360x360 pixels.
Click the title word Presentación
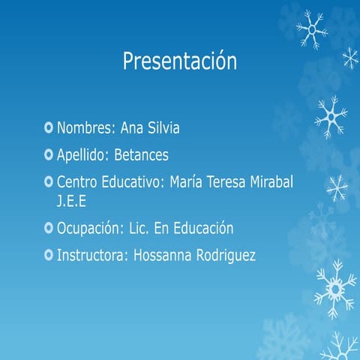click(179, 61)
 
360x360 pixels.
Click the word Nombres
click(87, 129)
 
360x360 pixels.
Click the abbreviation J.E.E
click(71, 201)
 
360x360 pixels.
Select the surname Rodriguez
click(226, 255)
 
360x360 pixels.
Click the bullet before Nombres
click(49, 129)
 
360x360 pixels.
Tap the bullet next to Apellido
click(49, 156)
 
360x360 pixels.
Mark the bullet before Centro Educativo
click(49, 182)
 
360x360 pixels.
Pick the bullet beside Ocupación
click(49, 228)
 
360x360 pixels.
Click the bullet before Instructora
click(49, 255)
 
